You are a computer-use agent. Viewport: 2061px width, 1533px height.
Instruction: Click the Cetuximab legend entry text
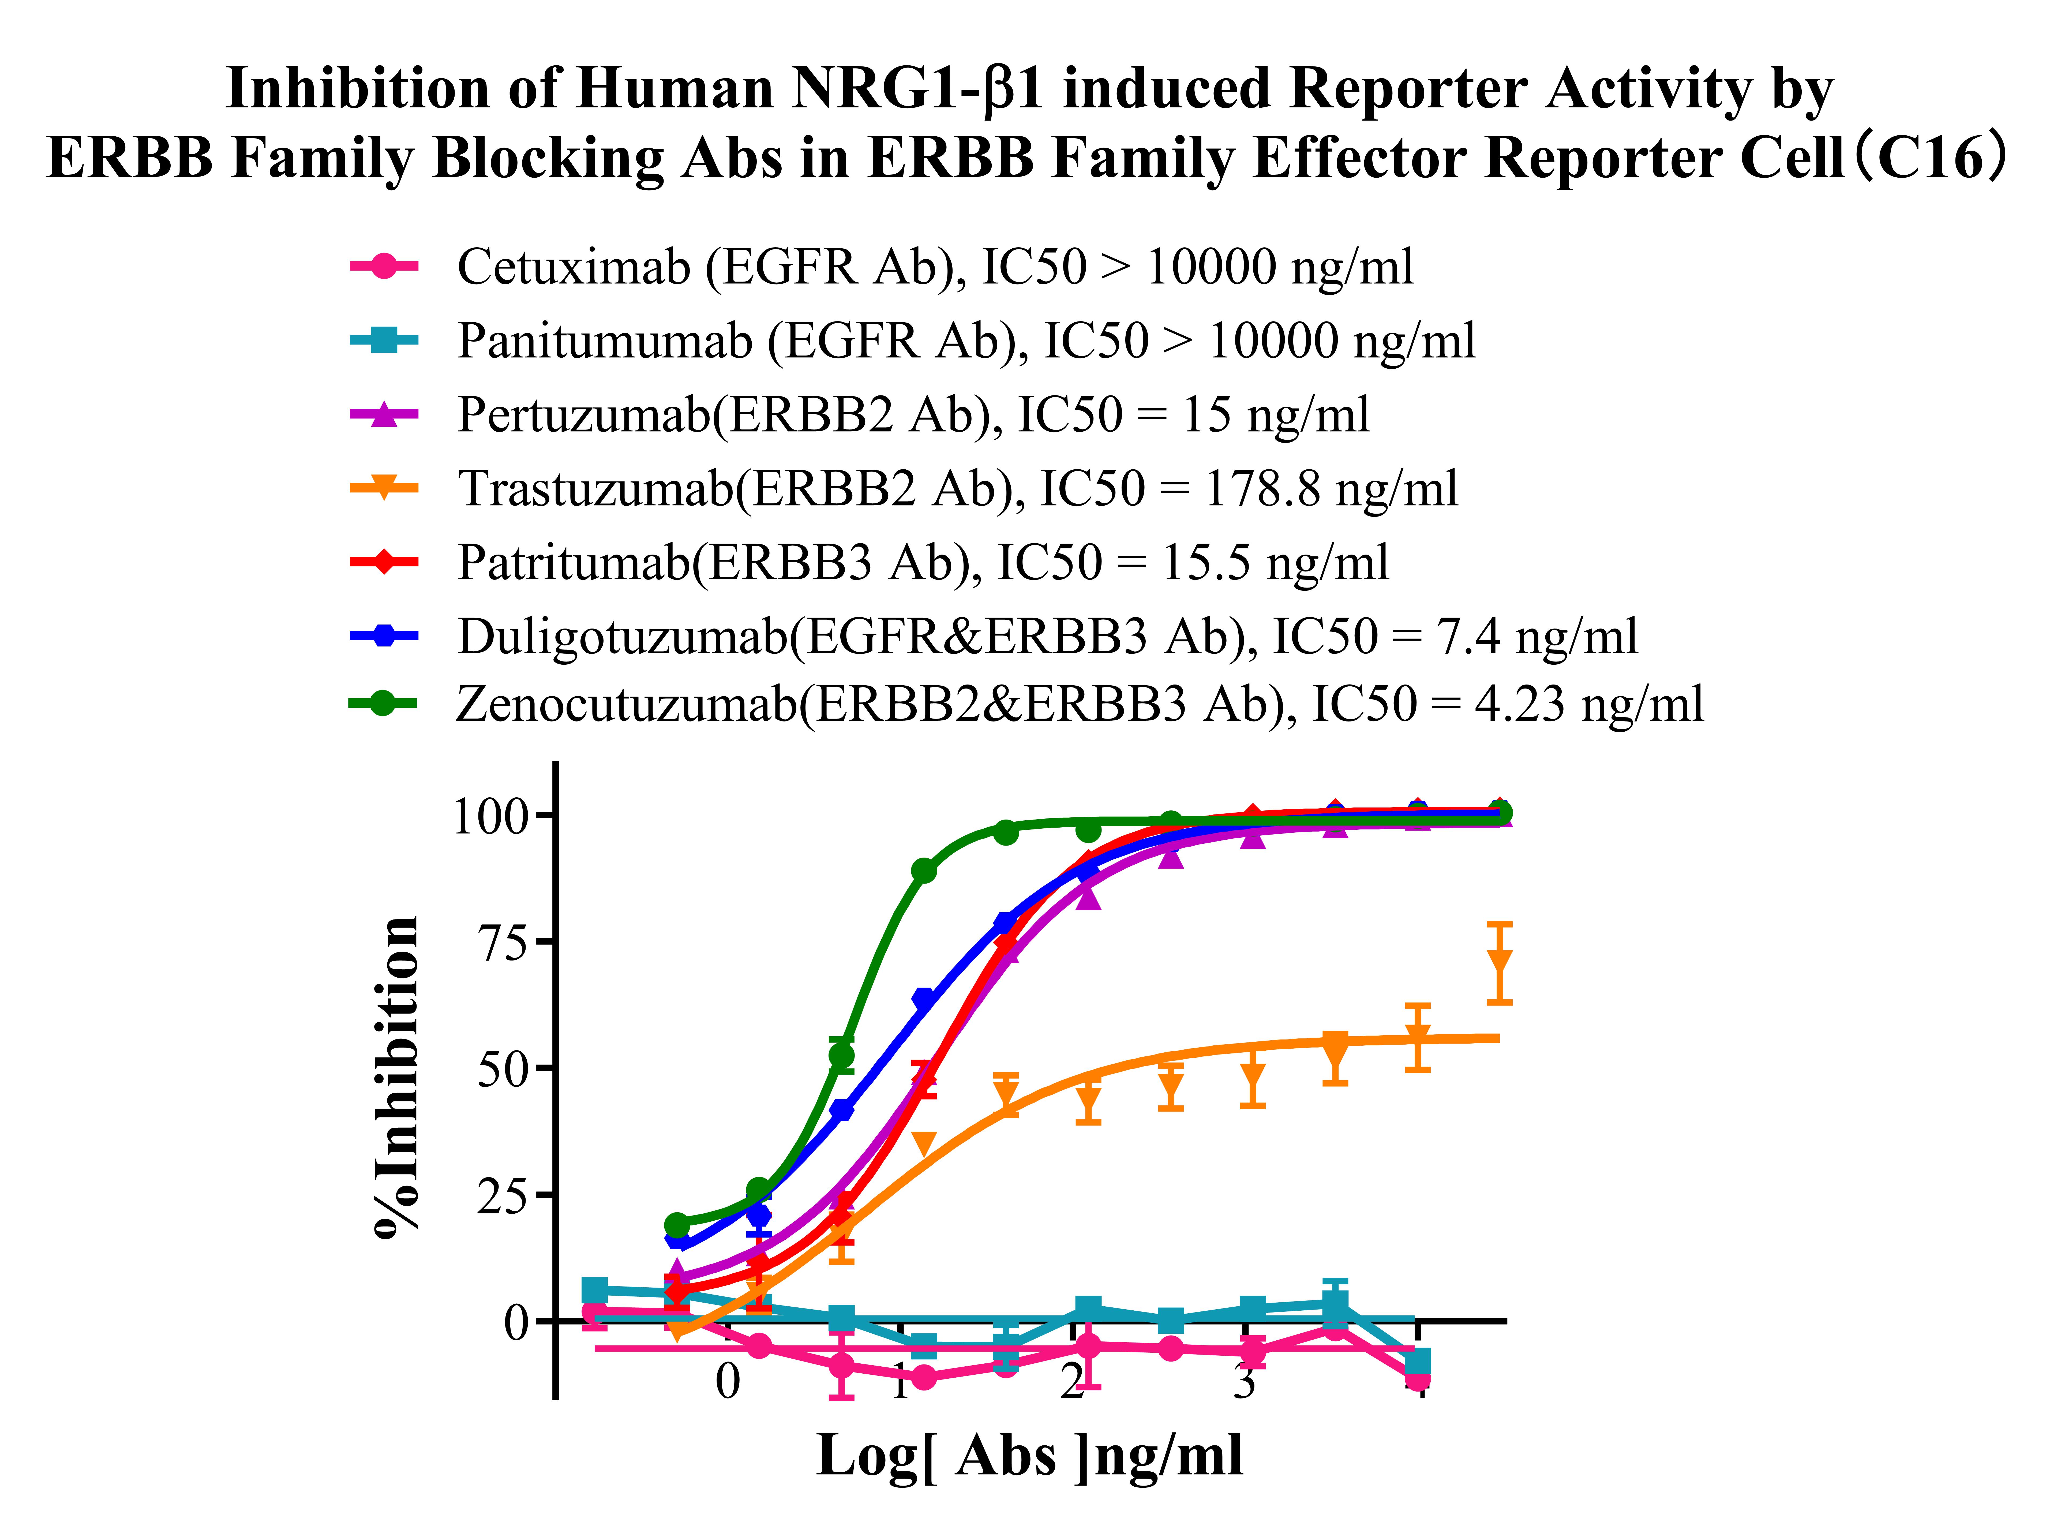pos(935,267)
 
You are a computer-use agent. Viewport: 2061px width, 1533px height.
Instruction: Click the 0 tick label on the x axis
pos(728,1381)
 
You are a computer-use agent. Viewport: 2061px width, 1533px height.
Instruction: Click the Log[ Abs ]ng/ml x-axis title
pos(1030,1455)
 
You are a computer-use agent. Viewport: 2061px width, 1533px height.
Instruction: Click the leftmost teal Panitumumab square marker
pos(595,1291)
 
